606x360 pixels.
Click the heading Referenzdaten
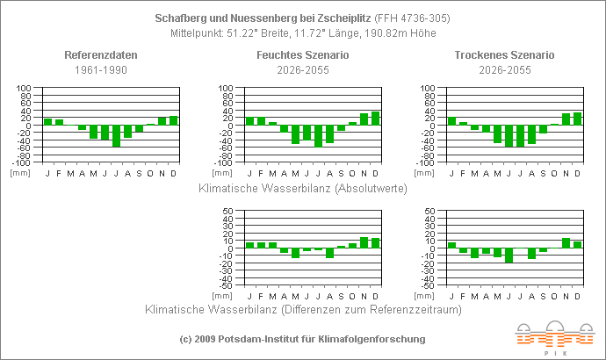100,55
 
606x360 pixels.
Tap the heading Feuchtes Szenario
302,55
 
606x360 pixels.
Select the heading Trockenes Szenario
504,55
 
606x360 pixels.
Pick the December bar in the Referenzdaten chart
174,120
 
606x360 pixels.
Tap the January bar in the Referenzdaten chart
48,121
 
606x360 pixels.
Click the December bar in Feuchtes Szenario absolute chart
376,119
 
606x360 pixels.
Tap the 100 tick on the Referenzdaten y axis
24,89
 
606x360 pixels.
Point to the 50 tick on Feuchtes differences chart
227,212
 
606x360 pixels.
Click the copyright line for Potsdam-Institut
302,338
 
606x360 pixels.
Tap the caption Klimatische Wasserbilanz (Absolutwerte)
302,188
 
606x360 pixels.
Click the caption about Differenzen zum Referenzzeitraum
302,309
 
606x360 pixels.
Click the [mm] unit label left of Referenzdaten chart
20,172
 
